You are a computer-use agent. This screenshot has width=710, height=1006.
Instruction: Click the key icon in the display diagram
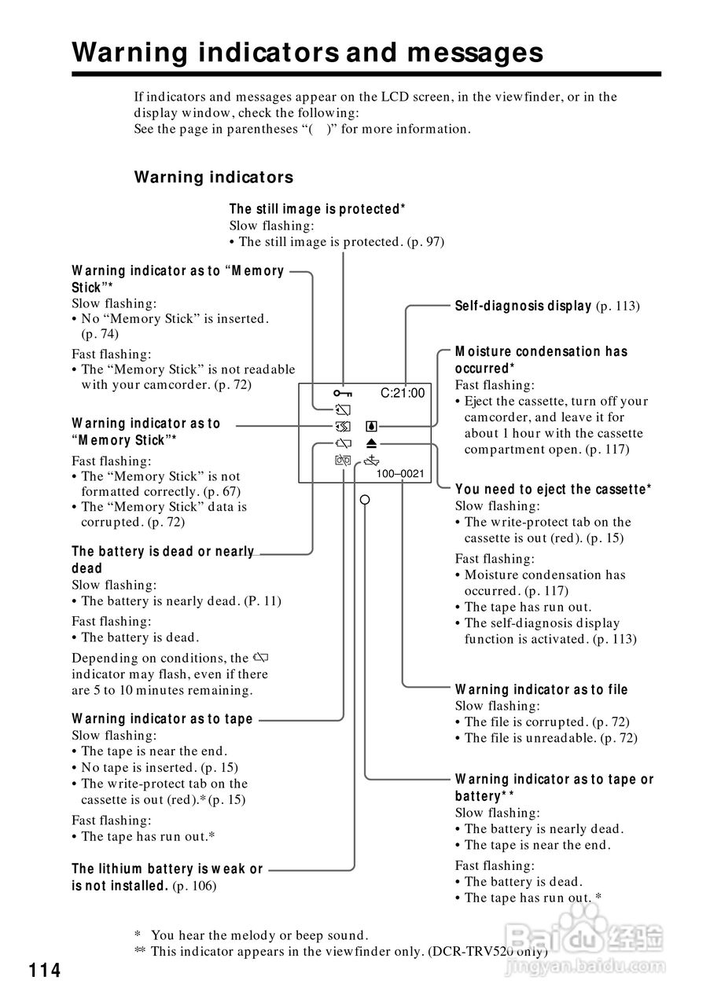(x=342, y=393)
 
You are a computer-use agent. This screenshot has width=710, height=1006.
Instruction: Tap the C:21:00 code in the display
(x=402, y=393)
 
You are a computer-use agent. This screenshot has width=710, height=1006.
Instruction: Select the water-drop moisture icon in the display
(x=372, y=428)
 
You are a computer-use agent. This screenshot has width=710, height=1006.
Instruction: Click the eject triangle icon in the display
(x=372, y=444)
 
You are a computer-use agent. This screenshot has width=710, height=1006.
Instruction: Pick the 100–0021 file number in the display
(x=400, y=474)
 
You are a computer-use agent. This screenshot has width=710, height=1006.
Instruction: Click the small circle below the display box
(x=364, y=499)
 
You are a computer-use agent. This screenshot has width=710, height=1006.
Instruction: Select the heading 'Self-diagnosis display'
(x=523, y=306)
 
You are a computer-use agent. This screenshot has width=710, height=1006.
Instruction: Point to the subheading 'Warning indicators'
(x=213, y=177)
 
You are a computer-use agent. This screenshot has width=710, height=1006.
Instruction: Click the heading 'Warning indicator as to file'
(x=541, y=689)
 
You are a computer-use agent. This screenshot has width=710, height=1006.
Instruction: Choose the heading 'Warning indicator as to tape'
(x=162, y=718)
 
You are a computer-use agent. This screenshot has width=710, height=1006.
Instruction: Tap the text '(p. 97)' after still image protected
(x=425, y=242)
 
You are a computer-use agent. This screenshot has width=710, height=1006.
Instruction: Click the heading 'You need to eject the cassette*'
(x=553, y=489)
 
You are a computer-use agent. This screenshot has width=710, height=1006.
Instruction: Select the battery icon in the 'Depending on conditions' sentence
(x=263, y=657)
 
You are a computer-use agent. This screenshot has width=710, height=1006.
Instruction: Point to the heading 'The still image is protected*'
(x=317, y=209)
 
